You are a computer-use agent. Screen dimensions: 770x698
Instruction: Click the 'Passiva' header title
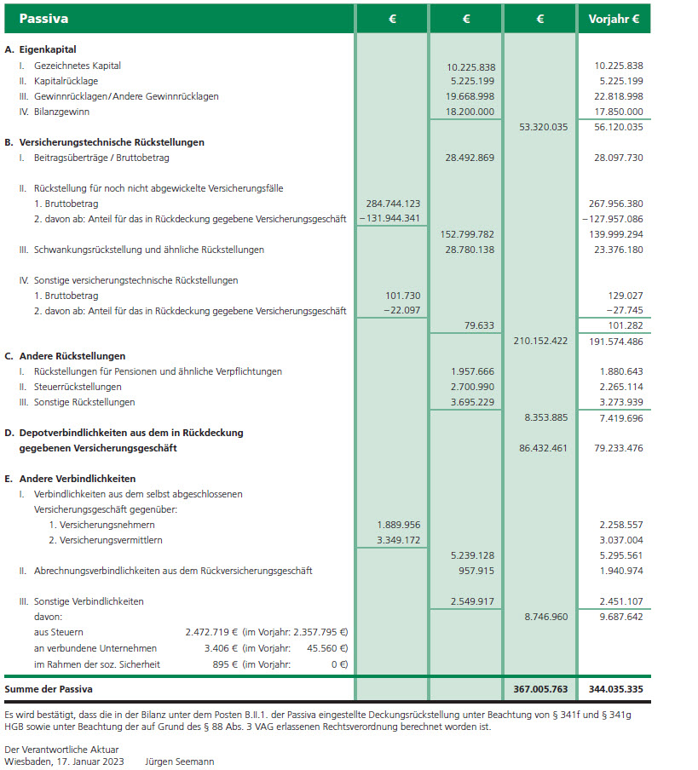(x=43, y=18)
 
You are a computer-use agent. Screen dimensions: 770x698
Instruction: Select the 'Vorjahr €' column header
(x=614, y=18)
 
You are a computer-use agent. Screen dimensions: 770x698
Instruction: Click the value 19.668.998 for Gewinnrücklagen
(x=470, y=97)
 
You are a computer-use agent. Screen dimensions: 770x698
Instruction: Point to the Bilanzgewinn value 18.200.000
(x=470, y=112)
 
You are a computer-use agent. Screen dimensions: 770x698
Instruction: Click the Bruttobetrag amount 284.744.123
(x=393, y=204)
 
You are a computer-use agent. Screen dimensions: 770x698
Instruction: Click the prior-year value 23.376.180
(x=614, y=250)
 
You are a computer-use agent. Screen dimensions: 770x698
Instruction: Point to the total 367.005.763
(x=541, y=688)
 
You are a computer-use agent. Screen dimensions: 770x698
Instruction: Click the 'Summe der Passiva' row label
(x=49, y=688)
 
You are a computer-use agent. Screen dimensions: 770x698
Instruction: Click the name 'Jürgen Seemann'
(x=180, y=761)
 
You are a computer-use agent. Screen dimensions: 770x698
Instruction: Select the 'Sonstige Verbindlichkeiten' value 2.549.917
(x=470, y=601)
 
